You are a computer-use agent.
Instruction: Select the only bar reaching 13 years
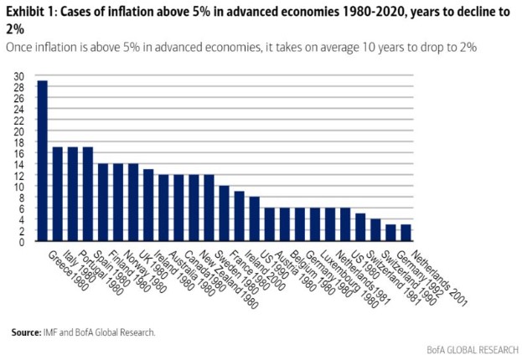(x=148, y=205)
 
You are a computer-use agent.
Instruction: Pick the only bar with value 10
(x=224, y=213)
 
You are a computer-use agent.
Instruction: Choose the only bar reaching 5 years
(x=360, y=227)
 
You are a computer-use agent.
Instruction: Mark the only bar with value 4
(x=375, y=230)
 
